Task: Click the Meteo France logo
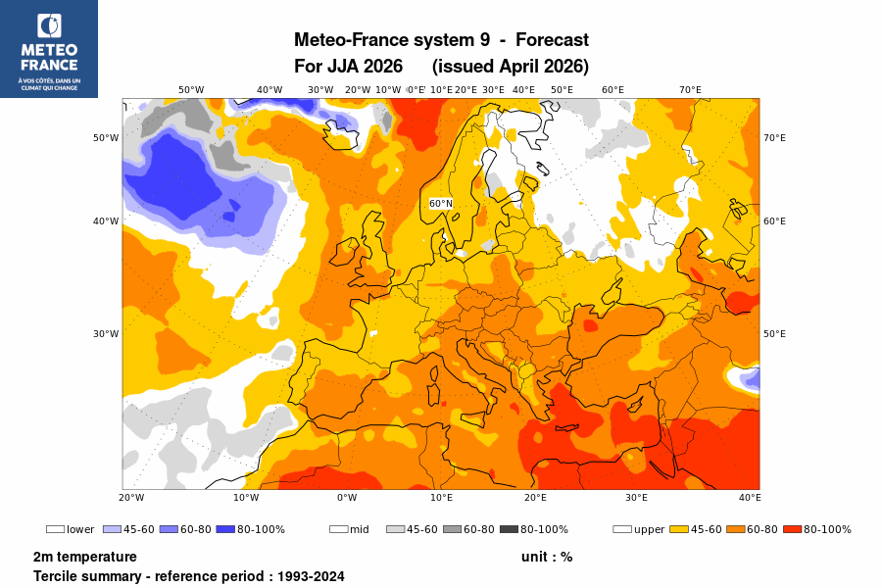click(49, 48)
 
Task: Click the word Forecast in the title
click(552, 40)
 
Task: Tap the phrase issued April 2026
click(510, 67)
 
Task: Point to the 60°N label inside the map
click(441, 204)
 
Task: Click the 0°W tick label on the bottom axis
click(347, 498)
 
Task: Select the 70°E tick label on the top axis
click(690, 90)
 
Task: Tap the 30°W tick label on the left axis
click(106, 334)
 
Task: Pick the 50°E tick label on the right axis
click(774, 334)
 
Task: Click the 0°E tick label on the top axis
click(416, 90)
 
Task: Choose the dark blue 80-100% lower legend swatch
click(224, 529)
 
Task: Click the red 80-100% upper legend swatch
click(792, 529)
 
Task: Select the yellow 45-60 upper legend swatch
click(679, 529)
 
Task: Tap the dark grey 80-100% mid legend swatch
click(509, 529)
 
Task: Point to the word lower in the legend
click(80, 530)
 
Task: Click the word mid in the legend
click(360, 530)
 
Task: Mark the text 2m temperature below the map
click(84, 557)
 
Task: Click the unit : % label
click(547, 557)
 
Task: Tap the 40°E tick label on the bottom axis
click(750, 498)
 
